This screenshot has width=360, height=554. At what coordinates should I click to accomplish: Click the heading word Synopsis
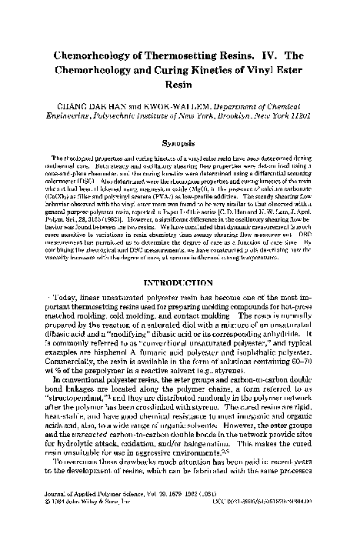coord(179,143)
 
